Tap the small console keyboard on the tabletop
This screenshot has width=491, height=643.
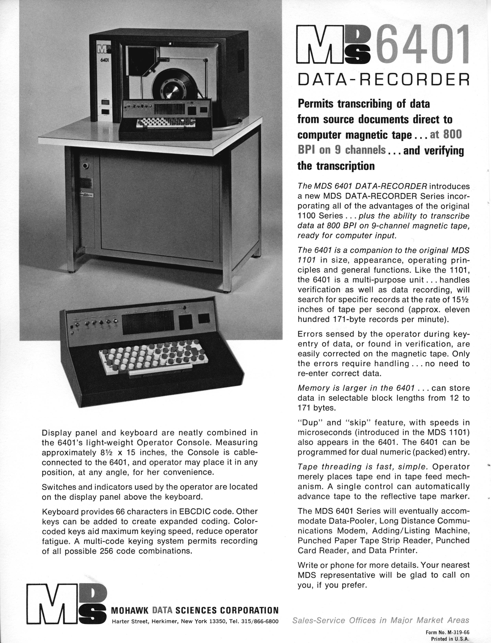[160, 124]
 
